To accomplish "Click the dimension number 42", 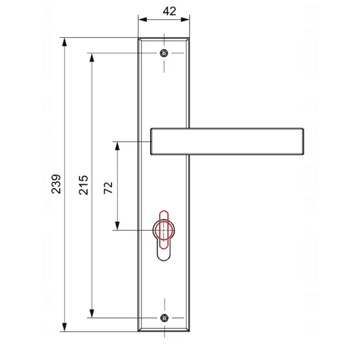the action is coord(169,11).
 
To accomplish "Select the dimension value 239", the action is coord(56,184).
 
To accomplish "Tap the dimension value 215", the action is coord(83,185).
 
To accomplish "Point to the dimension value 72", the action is coord(108,188).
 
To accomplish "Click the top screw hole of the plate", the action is coord(164,53).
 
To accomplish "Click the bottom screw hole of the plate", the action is coord(164,318).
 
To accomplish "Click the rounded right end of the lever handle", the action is coord(303,141).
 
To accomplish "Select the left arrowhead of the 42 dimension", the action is coord(142,20).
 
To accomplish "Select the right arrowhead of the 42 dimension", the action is coord(185,20).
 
